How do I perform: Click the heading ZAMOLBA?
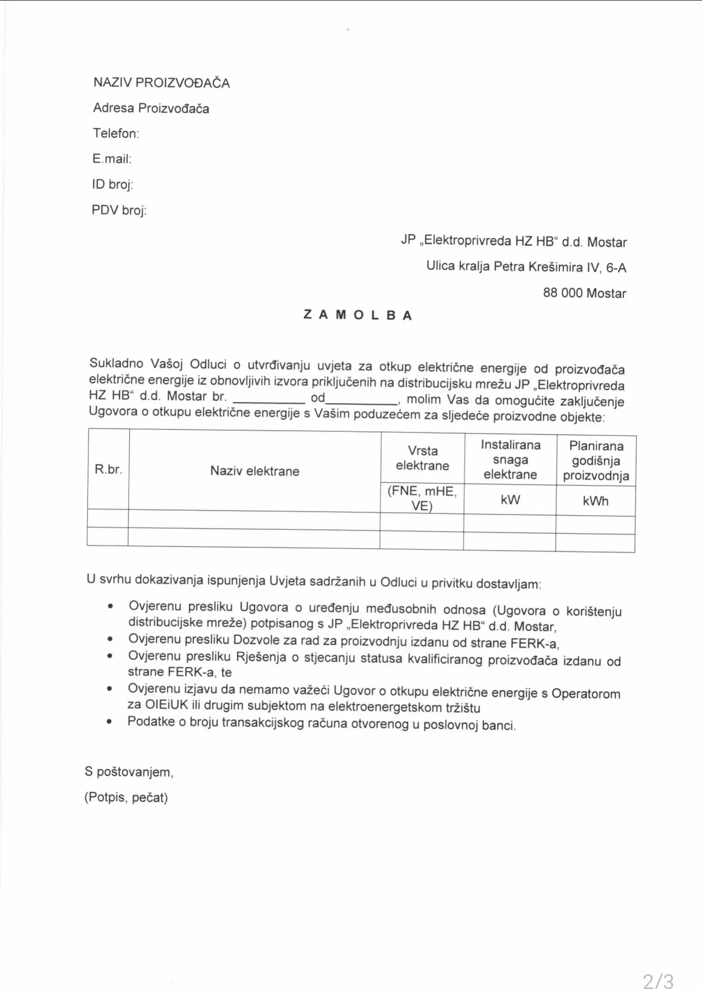(x=358, y=315)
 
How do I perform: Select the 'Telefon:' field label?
(x=116, y=133)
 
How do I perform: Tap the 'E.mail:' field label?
(x=112, y=158)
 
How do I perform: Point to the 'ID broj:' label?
(x=112, y=184)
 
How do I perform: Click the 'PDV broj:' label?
(x=119, y=210)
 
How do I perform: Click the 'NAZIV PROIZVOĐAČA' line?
(x=161, y=82)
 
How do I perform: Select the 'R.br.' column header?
(x=108, y=469)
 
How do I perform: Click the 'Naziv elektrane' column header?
(x=254, y=471)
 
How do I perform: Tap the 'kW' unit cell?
(x=510, y=500)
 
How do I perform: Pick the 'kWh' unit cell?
(x=595, y=501)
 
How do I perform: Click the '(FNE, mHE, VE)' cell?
(x=422, y=498)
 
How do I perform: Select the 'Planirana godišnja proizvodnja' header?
(x=596, y=461)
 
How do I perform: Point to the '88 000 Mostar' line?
(x=585, y=293)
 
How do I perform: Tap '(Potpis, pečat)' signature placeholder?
(x=126, y=797)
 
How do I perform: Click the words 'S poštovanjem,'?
(x=129, y=772)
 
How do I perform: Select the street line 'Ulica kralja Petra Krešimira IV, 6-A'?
(x=526, y=267)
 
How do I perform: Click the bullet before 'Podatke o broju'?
(x=110, y=722)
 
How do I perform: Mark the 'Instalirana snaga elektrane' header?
(x=510, y=460)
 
